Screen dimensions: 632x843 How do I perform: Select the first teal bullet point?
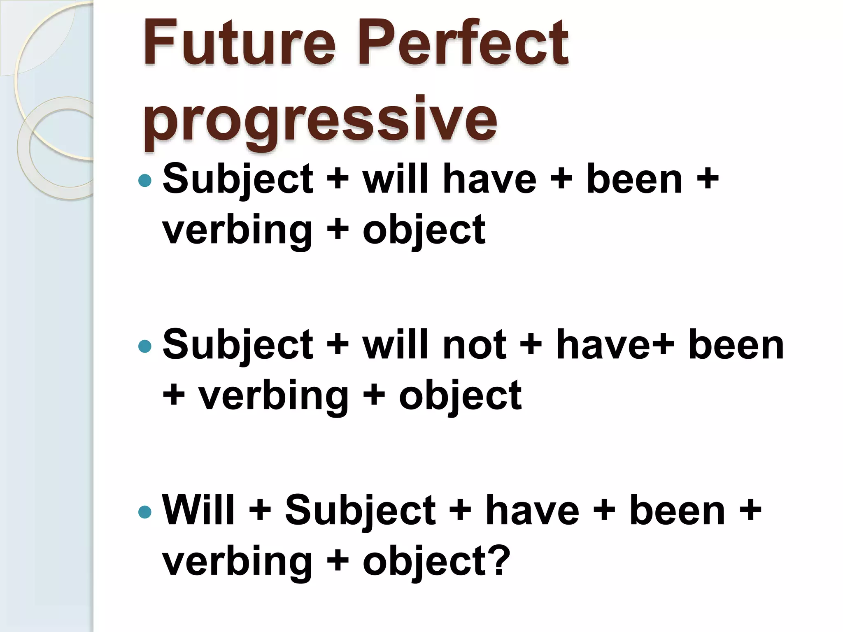[145, 180]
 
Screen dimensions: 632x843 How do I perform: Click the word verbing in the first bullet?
[237, 230]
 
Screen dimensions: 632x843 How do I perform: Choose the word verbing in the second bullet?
[274, 396]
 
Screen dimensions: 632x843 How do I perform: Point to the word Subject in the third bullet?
[360, 511]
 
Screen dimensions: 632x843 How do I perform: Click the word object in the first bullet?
[424, 230]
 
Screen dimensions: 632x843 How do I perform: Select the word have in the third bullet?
[532, 511]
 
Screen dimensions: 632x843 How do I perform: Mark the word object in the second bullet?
[460, 396]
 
